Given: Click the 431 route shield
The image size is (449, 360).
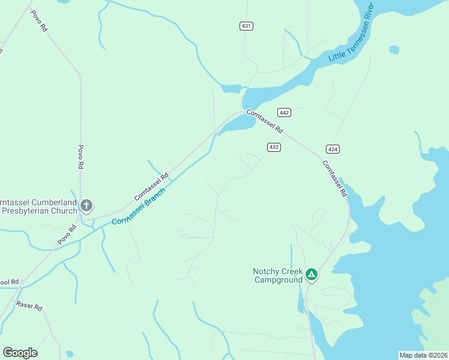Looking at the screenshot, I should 246,26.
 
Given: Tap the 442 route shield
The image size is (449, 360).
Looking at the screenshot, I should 285,113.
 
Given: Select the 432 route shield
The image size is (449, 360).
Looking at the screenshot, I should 274,147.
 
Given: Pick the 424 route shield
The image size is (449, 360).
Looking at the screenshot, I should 333,149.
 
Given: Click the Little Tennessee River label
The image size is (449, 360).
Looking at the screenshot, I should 352,40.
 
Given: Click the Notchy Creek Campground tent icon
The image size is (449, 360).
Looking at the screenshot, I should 312,275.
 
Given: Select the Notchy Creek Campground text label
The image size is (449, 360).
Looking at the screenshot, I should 277,275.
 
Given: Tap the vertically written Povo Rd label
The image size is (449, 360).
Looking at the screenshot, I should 80,158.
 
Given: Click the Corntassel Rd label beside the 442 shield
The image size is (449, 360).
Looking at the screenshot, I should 265,121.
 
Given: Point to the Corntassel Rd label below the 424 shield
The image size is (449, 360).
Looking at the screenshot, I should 334,179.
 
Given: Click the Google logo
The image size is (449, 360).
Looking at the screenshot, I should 20,353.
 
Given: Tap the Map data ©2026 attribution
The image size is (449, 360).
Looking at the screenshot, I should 423,355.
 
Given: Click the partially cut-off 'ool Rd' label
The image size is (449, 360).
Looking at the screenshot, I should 10,281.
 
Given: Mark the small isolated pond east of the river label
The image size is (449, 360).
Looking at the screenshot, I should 394,50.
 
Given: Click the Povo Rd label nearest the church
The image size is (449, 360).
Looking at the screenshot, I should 68,235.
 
